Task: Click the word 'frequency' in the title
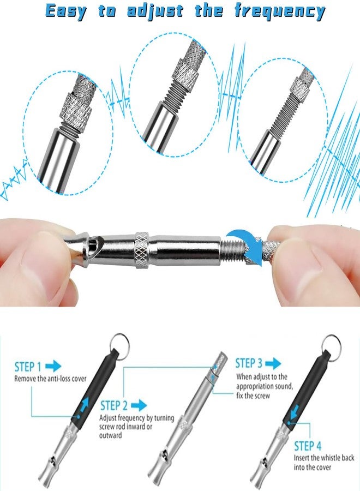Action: coord(280,11)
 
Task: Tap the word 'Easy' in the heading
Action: coord(66,11)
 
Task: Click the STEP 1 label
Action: coord(28,367)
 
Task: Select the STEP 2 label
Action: coord(114,406)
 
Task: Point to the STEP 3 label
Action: coord(249,363)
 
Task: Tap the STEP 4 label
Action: coord(308,446)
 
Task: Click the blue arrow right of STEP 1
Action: coord(53,366)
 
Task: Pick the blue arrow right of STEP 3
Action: coord(273,363)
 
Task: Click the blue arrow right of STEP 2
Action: coord(139,405)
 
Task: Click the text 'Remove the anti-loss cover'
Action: coord(50,379)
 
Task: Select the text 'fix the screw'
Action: coord(253,396)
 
